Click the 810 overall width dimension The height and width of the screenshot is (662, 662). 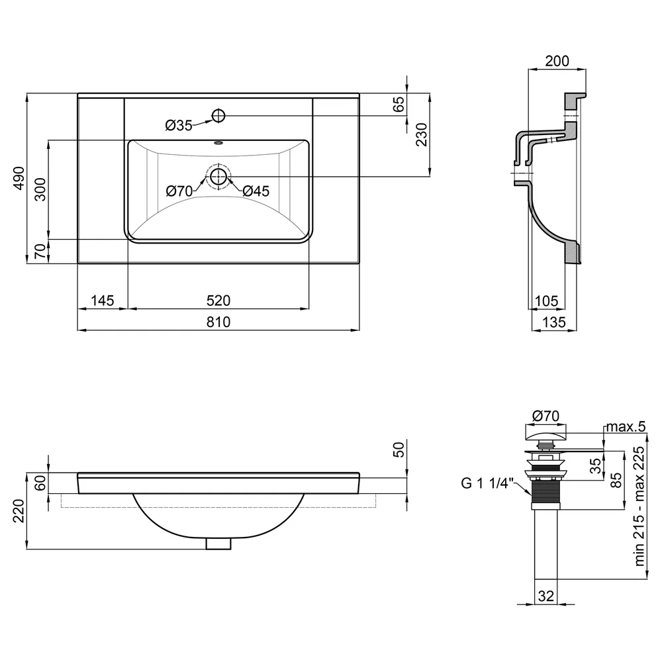218,322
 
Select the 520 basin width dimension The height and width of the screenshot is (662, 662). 218,301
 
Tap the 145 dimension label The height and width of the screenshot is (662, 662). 103,301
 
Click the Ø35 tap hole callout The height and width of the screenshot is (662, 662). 179,125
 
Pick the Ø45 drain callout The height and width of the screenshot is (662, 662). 256,191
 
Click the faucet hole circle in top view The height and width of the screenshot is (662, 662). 218,115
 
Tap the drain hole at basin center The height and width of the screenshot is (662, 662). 218,177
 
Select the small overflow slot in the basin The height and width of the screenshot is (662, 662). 218,143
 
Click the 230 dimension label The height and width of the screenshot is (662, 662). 421,134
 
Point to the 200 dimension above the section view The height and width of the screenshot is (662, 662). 557,61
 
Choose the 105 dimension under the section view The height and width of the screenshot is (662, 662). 546,301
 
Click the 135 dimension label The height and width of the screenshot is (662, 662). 553,322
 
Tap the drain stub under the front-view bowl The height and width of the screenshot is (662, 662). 218,544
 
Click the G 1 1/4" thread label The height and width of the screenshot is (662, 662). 487,483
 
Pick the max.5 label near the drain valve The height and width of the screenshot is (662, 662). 626,427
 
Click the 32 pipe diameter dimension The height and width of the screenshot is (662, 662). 546,596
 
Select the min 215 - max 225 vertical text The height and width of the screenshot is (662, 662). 639,506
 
